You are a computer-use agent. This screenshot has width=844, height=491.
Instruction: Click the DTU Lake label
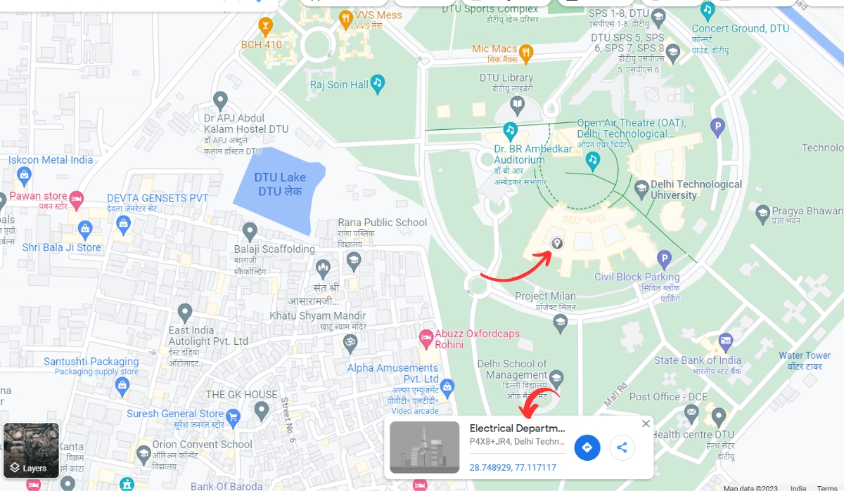280,184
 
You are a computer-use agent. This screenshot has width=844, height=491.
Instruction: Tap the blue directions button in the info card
587,447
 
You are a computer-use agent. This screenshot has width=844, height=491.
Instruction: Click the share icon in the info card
622,447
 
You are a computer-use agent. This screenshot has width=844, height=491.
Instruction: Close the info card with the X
646,424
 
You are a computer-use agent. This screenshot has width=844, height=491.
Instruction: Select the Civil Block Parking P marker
663,259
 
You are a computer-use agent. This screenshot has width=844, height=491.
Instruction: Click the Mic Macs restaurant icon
526,51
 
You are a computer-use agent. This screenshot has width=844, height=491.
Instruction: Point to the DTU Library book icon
518,106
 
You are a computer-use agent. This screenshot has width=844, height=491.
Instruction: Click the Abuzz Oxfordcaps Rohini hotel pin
426,339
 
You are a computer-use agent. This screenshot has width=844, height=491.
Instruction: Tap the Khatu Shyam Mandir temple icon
350,343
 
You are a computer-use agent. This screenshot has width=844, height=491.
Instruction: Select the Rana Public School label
382,223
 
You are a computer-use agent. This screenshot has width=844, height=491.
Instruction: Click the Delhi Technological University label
696,189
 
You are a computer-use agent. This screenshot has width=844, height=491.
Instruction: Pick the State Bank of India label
697,360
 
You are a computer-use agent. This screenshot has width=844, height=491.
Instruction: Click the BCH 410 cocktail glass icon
266,28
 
